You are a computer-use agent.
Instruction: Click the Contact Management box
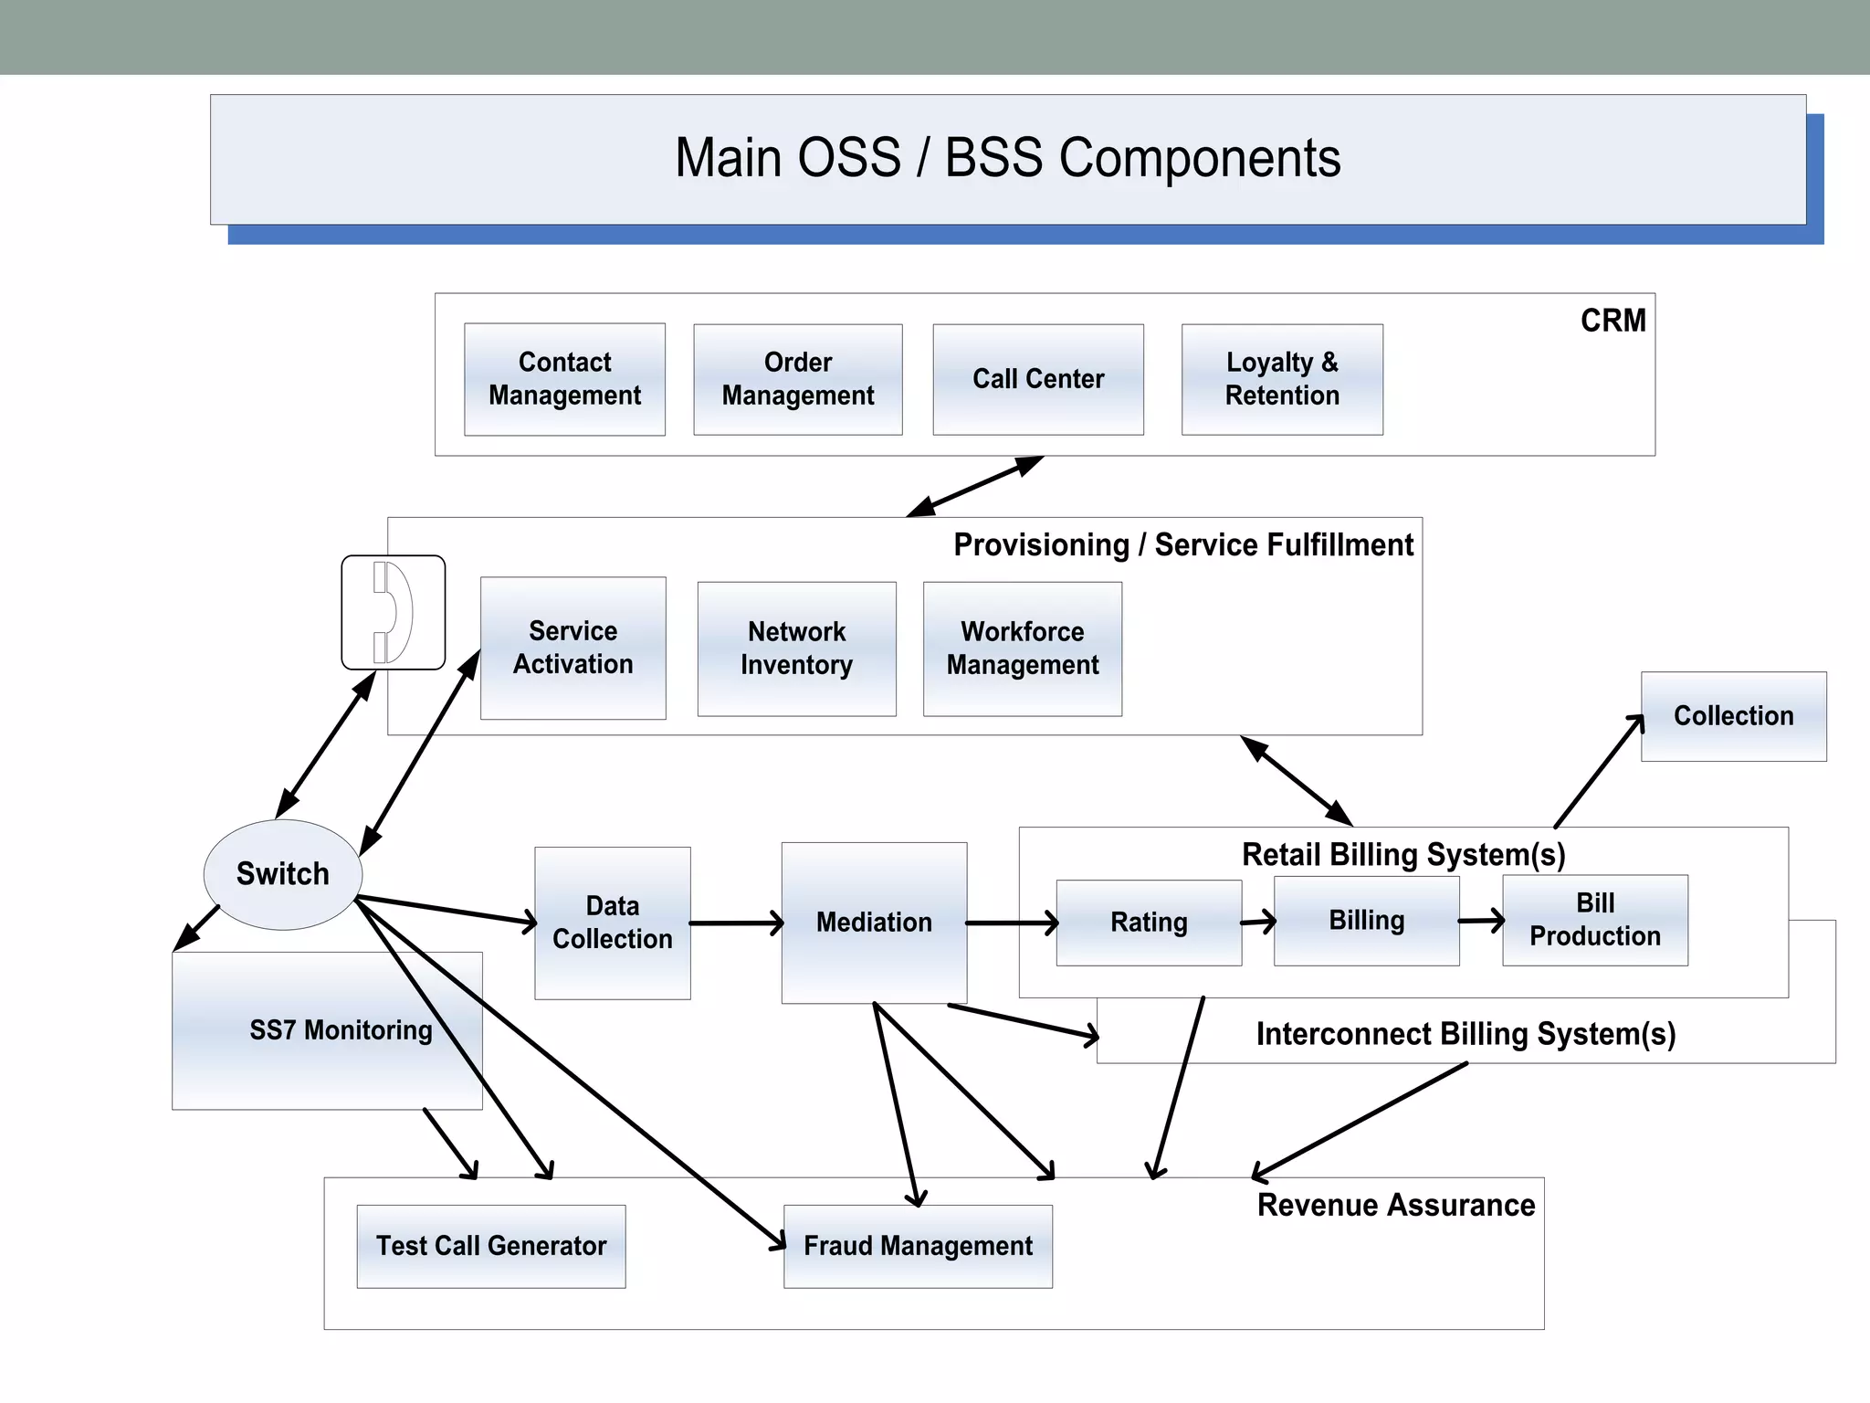(564, 379)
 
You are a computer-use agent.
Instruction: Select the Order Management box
(797, 379)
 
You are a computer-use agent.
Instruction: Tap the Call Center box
(1038, 379)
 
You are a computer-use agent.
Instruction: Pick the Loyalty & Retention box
(1282, 379)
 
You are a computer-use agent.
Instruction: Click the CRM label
(1613, 321)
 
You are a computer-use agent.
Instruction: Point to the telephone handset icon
(394, 612)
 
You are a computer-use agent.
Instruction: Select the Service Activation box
(573, 648)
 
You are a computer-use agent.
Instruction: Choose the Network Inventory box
(796, 649)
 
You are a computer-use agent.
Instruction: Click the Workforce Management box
(1022, 649)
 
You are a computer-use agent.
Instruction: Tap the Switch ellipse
(282, 874)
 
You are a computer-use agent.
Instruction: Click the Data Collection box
(612, 923)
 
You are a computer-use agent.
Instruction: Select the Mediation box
(874, 923)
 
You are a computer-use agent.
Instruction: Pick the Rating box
(1149, 923)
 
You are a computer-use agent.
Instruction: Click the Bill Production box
(1594, 920)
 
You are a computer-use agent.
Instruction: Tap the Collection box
(1733, 716)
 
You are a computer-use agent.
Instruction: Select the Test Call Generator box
(491, 1246)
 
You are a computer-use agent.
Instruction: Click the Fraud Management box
(918, 1246)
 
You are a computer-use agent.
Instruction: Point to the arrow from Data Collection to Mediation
(736, 923)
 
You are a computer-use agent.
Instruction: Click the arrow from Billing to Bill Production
(1480, 921)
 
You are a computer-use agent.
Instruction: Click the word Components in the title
(1199, 158)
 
